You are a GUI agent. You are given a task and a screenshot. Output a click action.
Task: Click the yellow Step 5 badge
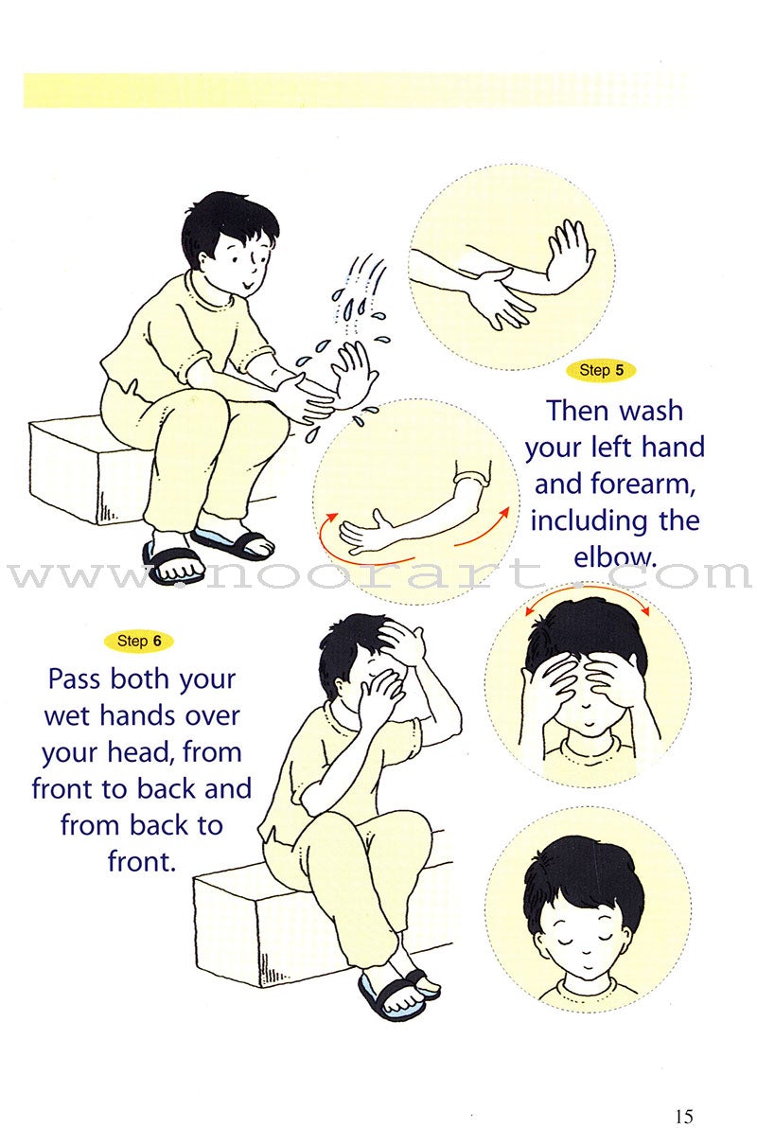point(601,371)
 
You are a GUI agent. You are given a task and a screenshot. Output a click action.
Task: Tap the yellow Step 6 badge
point(138,641)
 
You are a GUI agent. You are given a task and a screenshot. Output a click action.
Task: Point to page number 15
point(684,1117)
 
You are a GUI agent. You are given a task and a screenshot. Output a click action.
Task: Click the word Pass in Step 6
point(77,679)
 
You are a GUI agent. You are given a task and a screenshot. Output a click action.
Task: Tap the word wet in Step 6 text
point(68,716)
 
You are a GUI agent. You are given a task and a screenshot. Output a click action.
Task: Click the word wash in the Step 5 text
point(651,411)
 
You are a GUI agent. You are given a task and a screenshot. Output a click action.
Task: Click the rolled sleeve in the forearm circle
point(472,477)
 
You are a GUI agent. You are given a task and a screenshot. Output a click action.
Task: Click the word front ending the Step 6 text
point(142,862)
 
